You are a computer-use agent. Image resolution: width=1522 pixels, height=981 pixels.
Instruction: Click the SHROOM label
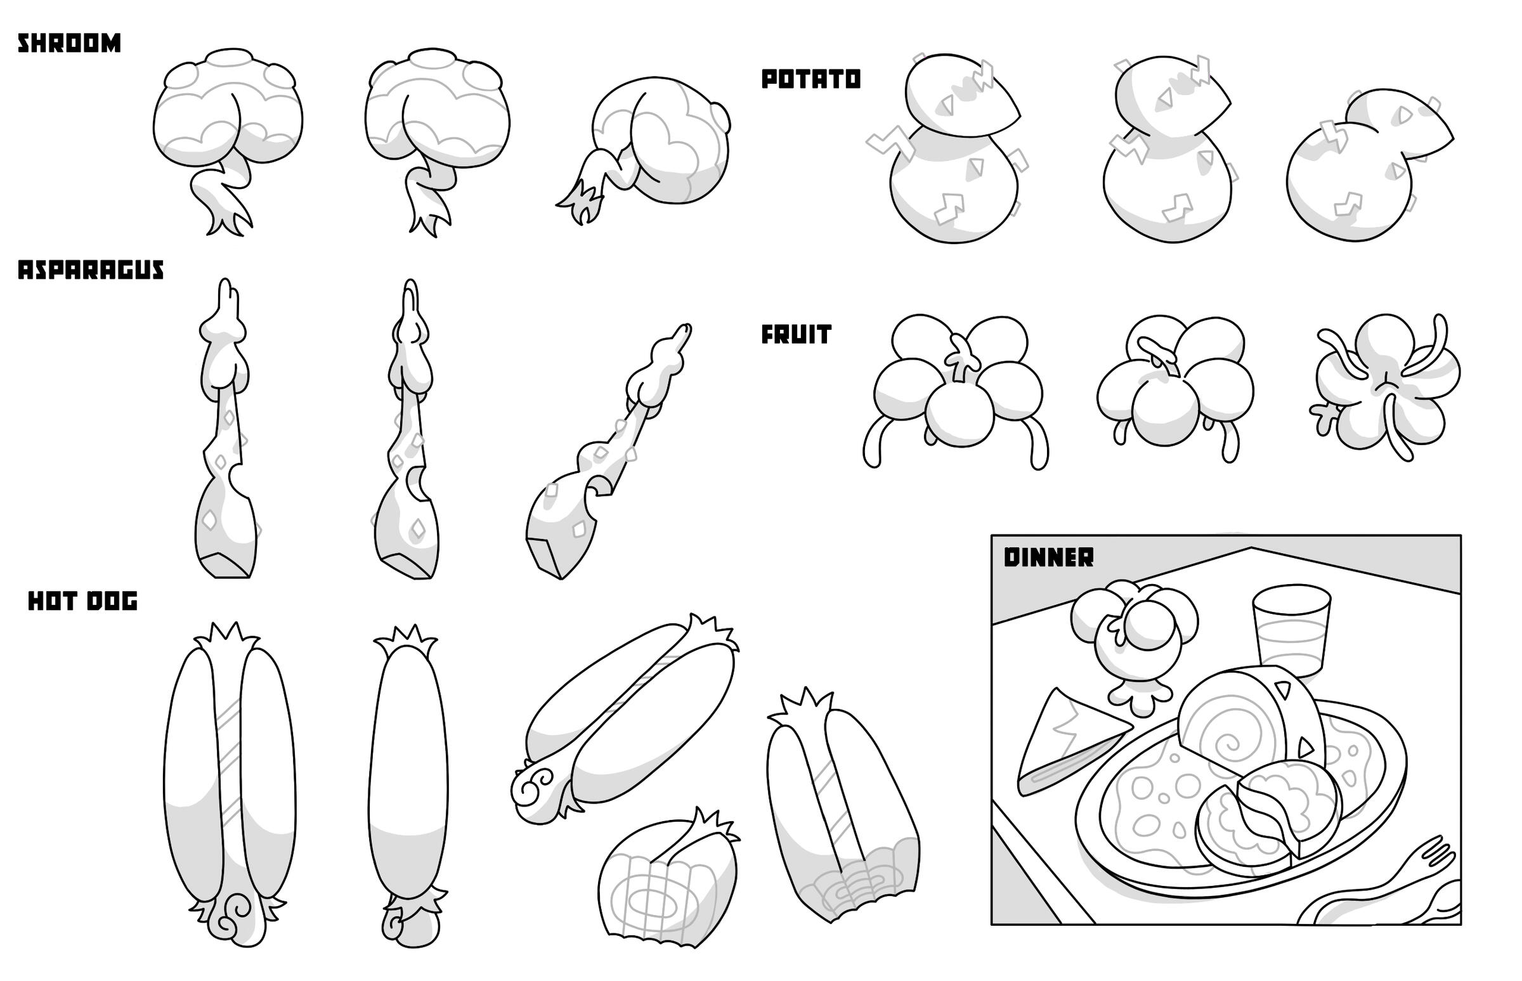coord(68,43)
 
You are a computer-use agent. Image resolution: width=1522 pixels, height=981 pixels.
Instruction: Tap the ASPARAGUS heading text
coord(91,270)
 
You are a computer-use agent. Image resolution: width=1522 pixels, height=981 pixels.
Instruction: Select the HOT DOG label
coord(83,601)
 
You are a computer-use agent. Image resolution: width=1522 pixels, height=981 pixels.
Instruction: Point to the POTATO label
coord(811,79)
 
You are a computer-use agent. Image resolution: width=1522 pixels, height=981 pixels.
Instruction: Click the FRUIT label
coord(797,334)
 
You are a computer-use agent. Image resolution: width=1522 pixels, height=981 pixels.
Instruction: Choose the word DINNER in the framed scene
coord(1049,557)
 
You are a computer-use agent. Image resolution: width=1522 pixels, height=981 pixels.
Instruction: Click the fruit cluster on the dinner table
coord(1134,637)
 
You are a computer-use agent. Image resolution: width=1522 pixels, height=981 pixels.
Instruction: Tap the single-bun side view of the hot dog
coord(408,777)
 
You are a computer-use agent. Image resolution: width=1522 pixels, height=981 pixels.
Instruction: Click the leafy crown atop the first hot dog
coord(227,637)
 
